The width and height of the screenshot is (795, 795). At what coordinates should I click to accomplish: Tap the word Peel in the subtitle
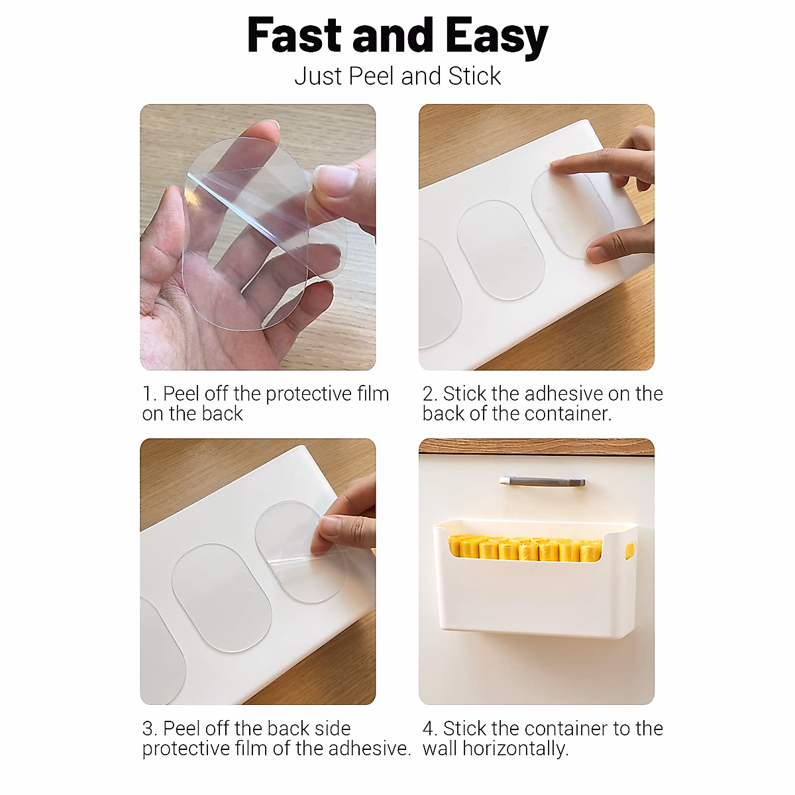pyautogui.click(x=372, y=76)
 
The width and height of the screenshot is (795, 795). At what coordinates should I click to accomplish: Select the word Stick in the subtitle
pyautogui.click(x=474, y=76)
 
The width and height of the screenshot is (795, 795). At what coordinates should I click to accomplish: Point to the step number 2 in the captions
pyautogui.click(x=429, y=394)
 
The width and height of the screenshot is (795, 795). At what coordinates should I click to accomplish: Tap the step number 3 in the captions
pyautogui.click(x=148, y=729)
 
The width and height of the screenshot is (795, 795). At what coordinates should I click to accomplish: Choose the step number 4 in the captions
pyautogui.click(x=429, y=729)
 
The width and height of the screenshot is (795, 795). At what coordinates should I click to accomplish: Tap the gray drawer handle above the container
pyautogui.click(x=542, y=481)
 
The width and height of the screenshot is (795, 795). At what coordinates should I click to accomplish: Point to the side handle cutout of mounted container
pyautogui.click(x=629, y=549)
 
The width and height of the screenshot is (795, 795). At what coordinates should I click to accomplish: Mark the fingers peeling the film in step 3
pyautogui.click(x=341, y=530)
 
